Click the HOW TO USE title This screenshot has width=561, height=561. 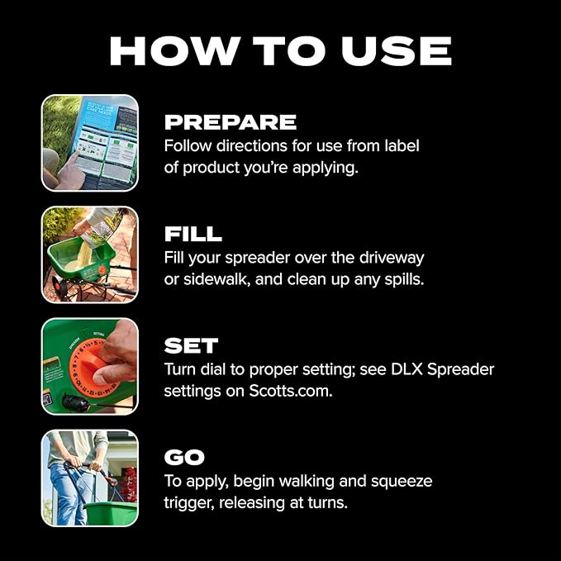[281, 50]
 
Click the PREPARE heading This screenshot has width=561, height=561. [231, 122]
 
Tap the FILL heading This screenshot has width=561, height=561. [193, 234]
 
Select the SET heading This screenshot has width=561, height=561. [191, 345]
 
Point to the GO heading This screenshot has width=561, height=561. [184, 457]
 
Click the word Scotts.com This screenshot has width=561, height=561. [291, 391]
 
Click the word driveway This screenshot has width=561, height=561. [392, 259]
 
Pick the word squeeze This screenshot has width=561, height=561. [402, 482]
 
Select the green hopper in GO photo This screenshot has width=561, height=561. [111, 513]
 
